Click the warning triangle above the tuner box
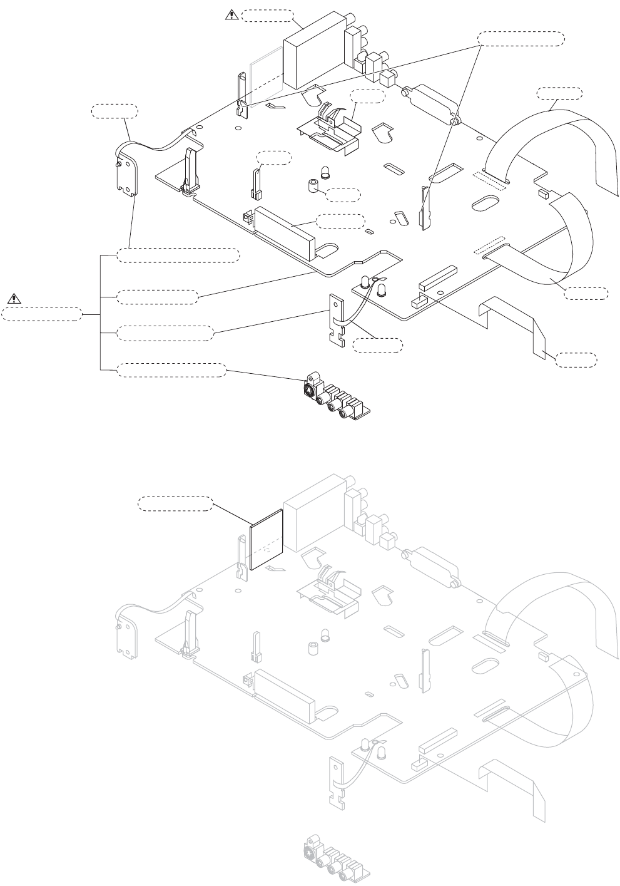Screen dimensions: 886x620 click(x=231, y=16)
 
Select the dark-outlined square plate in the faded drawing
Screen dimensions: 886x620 click(x=267, y=538)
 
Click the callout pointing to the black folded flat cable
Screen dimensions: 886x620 click(x=576, y=359)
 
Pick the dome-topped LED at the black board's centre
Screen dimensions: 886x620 click(x=325, y=171)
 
